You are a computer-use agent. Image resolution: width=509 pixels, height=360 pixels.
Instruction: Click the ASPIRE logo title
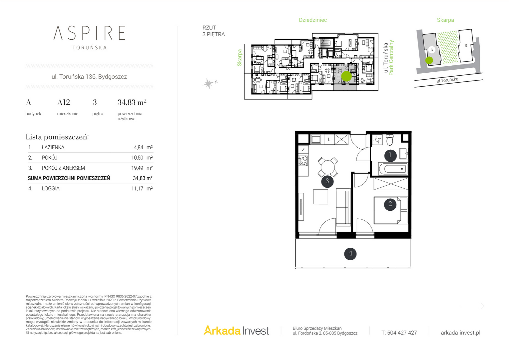pos(89,33)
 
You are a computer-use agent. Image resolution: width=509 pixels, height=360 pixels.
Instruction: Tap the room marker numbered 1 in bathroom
pos(390,156)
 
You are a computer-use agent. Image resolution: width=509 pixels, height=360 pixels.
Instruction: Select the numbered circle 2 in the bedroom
pos(390,204)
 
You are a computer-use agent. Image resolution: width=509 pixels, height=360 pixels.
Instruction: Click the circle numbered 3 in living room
pos(327,181)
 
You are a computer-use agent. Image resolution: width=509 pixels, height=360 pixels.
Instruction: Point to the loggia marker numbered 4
pos(350,254)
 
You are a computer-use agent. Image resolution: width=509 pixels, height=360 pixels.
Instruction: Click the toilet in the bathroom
pos(390,140)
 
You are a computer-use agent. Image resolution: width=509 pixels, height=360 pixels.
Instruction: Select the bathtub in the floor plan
pos(393,169)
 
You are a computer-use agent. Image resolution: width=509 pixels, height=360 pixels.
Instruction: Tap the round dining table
pos(327,167)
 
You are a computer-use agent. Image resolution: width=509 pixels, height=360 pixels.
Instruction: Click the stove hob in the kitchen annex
pos(303,161)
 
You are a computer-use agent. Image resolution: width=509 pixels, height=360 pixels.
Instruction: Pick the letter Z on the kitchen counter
pos(303,150)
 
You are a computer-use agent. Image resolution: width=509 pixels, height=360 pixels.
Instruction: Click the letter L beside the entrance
pos(329,140)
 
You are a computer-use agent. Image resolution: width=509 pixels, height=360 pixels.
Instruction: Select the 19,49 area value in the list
pos(137,168)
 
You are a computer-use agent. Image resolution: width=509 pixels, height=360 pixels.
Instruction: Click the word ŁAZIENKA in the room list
pos(53,148)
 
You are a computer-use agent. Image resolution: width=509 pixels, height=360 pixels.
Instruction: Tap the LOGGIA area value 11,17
pos(137,189)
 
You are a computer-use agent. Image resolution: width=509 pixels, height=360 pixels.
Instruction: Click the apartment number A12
pos(64,102)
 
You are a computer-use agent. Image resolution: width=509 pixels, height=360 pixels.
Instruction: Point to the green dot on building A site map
pos(429,60)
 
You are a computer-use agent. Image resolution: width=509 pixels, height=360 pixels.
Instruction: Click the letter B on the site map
pos(466,46)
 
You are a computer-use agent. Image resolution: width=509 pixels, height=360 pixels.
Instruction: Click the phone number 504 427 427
pos(402,333)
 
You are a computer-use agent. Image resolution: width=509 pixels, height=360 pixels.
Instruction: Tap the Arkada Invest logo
pos(236,330)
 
